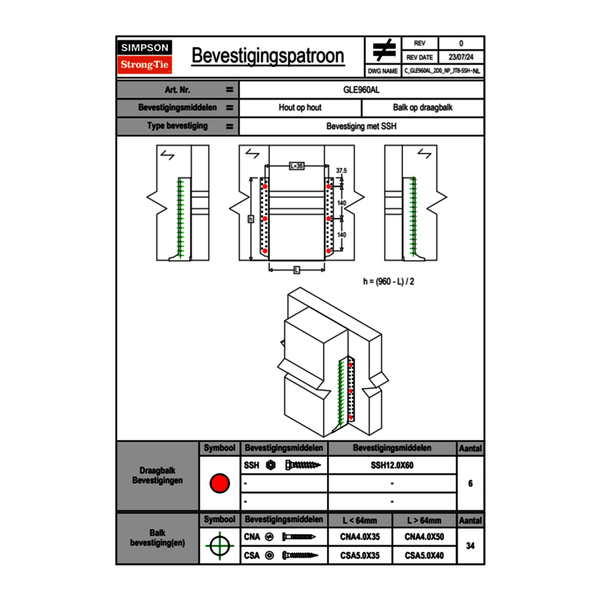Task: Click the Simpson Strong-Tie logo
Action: tap(145, 57)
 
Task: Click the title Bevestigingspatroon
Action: tap(268, 56)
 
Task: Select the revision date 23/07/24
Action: tap(461, 57)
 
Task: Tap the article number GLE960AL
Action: tap(361, 89)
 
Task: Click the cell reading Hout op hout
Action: tap(300, 108)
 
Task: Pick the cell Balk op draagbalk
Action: tap(423, 108)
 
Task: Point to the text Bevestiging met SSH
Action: tap(361, 126)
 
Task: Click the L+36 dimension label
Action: tap(296, 166)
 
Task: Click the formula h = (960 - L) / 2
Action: tap(389, 281)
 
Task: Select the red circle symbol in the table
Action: tap(219, 484)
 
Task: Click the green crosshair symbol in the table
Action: tap(219, 546)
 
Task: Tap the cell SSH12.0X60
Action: tap(392, 465)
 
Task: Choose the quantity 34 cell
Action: tap(470, 546)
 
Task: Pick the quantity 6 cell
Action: tap(470, 484)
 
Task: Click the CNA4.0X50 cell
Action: tap(424, 537)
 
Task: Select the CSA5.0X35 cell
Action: tap(360, 555)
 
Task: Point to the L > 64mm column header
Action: tap(424, 520)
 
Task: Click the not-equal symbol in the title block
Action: tap(384, 50)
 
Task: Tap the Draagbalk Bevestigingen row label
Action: tap(158, 476)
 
